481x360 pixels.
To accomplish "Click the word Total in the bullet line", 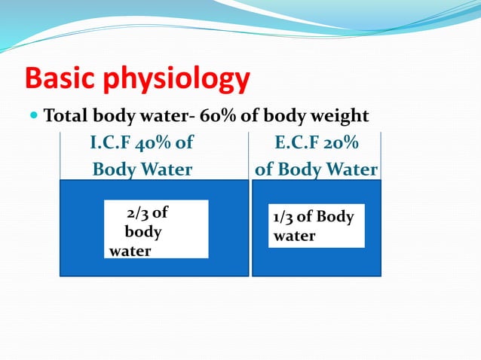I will coord(66,117).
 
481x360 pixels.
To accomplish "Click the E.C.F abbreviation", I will coord(297,143).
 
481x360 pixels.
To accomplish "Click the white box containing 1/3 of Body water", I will coord(317,225).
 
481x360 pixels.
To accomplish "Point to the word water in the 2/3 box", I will coord(130,251).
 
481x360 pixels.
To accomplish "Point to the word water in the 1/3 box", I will coord(295,236).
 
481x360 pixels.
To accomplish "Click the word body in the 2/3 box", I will coord(142,232).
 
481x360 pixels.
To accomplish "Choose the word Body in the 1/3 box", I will coord(335,218).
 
